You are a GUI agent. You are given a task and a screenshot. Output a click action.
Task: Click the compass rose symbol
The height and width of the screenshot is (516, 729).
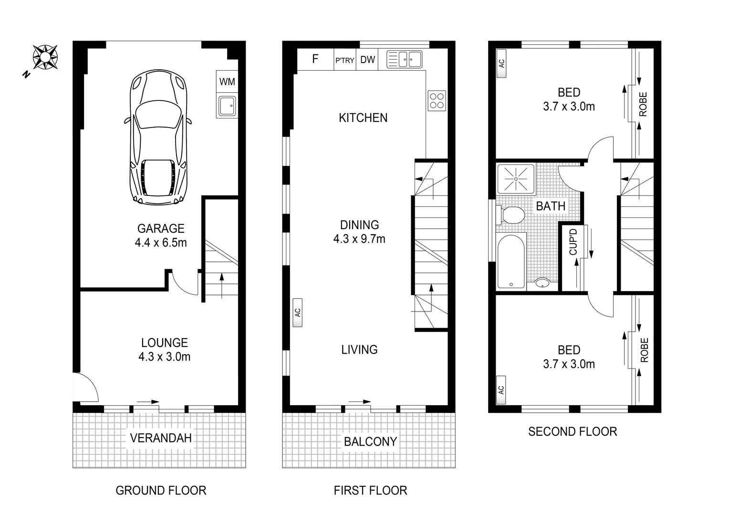(45, 57)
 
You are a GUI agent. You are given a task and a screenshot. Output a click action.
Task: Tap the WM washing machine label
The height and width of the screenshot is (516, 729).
(227, 82)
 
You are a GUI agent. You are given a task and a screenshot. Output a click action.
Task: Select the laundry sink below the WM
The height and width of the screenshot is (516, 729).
(227, 106)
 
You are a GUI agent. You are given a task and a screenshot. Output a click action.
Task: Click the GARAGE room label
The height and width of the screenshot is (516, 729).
(161, 228)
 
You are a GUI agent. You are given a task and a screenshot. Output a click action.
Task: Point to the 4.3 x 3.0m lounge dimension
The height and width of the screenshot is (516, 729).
(164, 357)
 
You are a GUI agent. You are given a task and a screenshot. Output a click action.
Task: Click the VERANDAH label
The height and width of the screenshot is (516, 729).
(161, 438)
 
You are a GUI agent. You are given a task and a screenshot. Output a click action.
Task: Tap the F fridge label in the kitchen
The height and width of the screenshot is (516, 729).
(315, 59)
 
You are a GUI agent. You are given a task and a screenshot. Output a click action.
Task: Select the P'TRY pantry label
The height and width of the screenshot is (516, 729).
(344, 60)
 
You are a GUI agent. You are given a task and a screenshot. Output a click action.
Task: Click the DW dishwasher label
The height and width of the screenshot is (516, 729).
(367, 60)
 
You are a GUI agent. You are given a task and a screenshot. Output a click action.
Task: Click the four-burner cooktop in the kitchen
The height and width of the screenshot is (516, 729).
(437, 101)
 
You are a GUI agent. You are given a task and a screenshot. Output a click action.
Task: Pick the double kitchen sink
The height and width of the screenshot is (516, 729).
(404, 60)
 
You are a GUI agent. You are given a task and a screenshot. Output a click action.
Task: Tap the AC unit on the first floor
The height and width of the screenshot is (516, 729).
(298, 312)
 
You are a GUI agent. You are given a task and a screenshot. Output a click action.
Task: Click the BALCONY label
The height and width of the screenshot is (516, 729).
(370, 441)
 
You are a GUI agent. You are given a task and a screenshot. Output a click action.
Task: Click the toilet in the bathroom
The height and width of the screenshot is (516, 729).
(510, 215)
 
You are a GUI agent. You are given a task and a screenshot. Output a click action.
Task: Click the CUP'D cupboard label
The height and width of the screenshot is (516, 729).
(573, 242)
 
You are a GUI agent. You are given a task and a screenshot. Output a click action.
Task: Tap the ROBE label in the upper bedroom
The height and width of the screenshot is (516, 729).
(643, 104)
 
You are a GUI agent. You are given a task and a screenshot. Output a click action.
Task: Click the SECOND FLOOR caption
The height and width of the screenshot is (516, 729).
(573, 432)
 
